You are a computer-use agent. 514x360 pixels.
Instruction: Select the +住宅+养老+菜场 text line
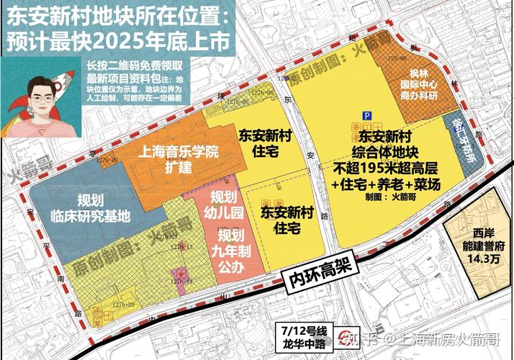click(x=385, y=185)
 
